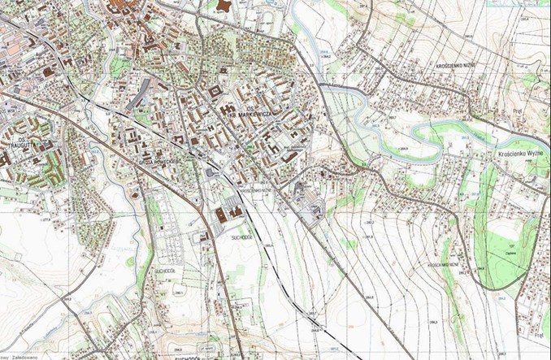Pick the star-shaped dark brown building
click(225, 6)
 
